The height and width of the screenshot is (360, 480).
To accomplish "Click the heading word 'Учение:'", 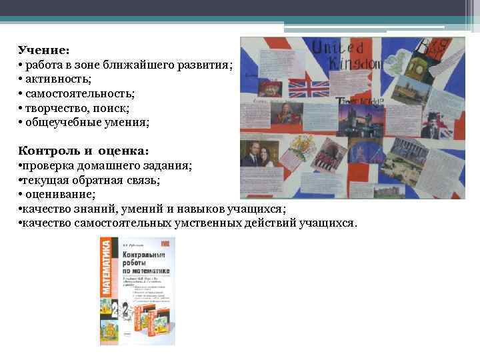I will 44,51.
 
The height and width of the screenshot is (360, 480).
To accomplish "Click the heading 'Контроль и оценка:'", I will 84,150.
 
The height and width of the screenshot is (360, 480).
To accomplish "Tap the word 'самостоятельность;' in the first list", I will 80,94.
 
